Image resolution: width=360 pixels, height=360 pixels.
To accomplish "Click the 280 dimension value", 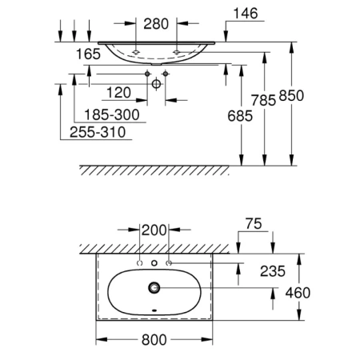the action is click(156, 24).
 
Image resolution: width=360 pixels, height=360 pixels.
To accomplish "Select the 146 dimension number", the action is click(246, 14).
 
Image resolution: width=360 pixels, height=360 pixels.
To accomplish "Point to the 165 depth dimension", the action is click(88, 54).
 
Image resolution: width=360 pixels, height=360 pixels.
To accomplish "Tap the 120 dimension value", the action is click(118, 93).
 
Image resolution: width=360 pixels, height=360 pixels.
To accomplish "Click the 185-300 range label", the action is click(112, 115).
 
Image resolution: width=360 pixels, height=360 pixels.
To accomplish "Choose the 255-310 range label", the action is click(98, 132).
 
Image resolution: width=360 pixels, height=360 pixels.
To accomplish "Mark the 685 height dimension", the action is click(240, 116).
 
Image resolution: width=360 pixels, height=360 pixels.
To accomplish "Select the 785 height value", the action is click(263, 101).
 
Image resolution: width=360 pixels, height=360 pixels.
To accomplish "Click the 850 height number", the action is click(291, 96).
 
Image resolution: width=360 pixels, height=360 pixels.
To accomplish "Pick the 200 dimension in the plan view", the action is click(154, 230).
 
